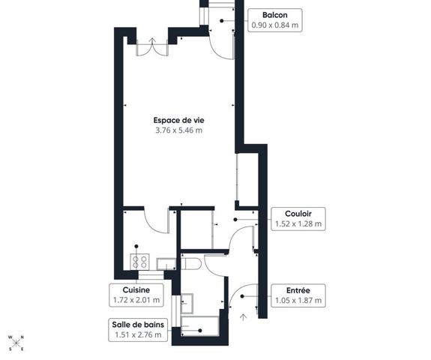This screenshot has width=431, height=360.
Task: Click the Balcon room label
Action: click(275, 15)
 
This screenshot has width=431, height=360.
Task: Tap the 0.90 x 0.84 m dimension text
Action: click(275, 25)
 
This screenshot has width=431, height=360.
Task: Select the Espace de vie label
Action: click(178, 120)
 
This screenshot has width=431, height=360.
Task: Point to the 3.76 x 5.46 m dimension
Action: click(178, 130)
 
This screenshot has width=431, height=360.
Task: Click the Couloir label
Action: click(298, 214)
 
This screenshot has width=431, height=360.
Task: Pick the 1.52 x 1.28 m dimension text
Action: click(298, 223)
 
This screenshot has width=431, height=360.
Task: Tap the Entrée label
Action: click(298, 290)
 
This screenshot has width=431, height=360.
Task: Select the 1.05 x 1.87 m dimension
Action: click(298, 300)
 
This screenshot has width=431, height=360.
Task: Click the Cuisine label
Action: click(136, 289)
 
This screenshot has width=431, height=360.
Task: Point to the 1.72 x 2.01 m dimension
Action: click(136, 300)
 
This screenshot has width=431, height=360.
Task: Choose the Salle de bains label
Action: click(138, 325)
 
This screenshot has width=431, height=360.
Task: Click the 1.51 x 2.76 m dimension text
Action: click(138, 334)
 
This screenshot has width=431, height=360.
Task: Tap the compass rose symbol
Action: click(16, 343)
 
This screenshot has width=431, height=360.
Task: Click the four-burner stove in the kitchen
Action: click(139, 262)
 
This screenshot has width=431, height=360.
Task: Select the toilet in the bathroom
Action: click(191, 264)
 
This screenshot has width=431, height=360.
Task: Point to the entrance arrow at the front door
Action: click(243, 317)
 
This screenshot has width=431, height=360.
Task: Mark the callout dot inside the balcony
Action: click(222, 21)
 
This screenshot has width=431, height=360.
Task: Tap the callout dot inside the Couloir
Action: click(235, 220)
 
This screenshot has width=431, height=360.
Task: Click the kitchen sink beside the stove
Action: click(166, 264)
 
